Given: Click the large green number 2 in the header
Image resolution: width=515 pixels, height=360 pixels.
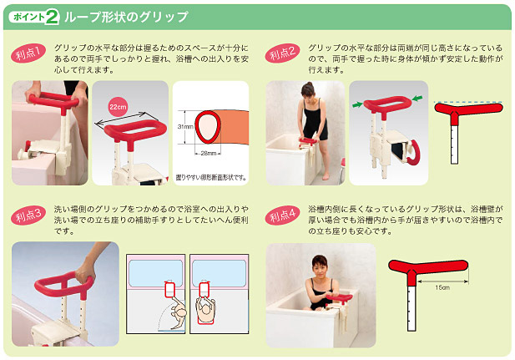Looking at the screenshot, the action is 52,17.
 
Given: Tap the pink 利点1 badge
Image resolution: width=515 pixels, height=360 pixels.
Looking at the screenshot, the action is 28,53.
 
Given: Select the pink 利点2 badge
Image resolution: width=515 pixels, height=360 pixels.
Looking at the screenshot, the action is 282,53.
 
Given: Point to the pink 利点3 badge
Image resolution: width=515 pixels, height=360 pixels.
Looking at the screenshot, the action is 28,215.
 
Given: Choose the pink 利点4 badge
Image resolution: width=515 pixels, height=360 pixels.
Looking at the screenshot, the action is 282,215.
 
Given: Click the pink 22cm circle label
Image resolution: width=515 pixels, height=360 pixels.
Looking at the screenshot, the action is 118,107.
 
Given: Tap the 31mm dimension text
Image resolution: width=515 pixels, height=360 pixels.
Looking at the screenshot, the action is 184,127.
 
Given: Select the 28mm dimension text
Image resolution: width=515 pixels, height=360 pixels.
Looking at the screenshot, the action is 208,153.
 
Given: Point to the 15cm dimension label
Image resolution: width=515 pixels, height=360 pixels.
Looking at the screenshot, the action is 442,287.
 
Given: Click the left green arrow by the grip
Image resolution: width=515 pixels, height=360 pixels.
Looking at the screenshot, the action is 357,104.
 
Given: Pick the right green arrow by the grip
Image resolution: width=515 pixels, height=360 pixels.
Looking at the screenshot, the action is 417,98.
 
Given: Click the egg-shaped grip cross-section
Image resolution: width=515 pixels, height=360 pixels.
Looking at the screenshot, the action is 208,127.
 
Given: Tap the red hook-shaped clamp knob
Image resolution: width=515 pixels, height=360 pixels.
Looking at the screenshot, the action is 416,154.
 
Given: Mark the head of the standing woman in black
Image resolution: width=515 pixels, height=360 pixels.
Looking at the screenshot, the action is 308,89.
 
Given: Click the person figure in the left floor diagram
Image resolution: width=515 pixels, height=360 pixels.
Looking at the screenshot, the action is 178,312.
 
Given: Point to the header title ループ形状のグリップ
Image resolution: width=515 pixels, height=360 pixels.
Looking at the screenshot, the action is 126,17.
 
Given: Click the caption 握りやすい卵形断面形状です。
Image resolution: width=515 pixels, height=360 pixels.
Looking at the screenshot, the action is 211,178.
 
